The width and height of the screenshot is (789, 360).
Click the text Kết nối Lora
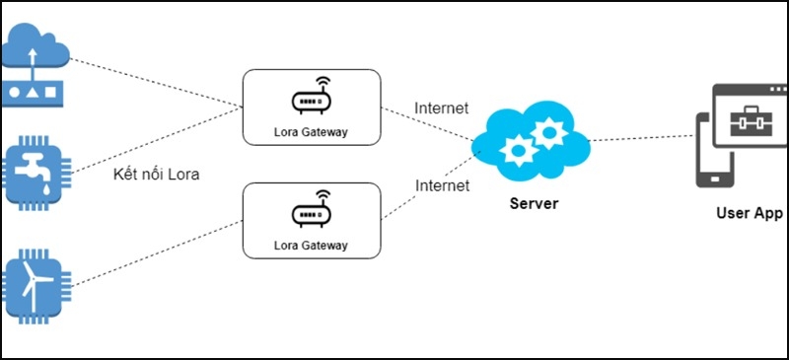point(156,176)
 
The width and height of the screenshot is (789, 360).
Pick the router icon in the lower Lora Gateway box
point(312,211)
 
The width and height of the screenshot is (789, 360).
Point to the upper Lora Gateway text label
point(312,131)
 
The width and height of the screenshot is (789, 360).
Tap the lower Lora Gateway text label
point(312,244)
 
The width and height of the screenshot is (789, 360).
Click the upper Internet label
point(442,108)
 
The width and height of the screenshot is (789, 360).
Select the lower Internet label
point(442,185)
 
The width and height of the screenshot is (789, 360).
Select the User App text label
point(750,213)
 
